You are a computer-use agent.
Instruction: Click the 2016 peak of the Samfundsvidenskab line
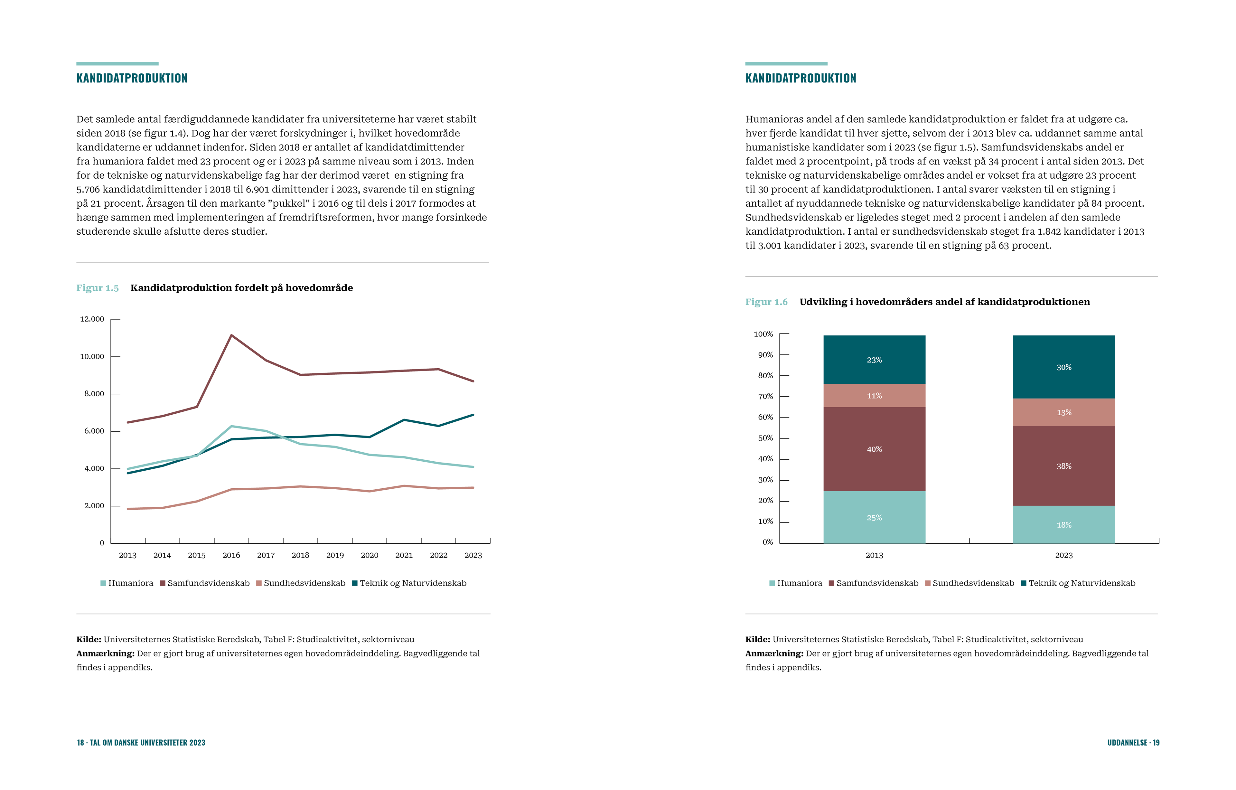click(231, 335)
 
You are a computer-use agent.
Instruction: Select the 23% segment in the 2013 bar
click(874, 360)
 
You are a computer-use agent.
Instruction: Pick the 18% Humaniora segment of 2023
click(1063, 525)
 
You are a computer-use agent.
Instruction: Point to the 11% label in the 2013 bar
click(874, 396)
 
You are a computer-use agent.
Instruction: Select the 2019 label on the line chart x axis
click(335, 555)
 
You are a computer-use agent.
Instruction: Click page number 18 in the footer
click(80, 743)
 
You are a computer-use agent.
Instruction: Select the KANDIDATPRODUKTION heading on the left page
click(132, 78)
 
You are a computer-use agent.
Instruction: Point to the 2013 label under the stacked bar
click(874, 555)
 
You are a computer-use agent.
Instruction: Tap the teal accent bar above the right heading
click(786, 64)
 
